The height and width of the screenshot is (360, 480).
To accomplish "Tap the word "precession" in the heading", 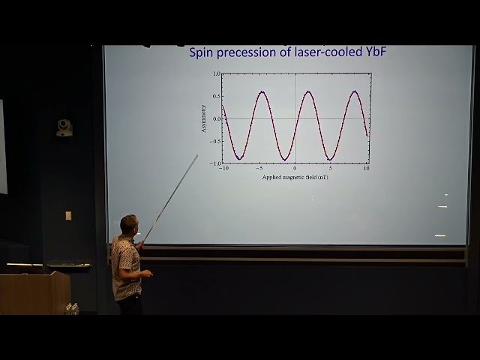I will coord(253,53).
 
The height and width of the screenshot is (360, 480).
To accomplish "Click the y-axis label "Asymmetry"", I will coord(203,118).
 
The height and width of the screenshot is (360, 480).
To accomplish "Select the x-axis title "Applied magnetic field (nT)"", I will coord(295,178).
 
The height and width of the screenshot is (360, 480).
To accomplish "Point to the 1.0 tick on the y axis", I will coord(217,74).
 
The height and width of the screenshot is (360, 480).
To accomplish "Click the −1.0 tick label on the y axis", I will coord(215,163).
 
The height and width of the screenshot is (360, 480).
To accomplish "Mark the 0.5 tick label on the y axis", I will coord(217,96).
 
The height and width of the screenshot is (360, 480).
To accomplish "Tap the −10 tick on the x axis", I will coord(223,169).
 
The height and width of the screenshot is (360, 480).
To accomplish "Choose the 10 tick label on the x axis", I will coord(367,169).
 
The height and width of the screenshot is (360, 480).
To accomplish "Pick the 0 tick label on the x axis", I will coord(295,169).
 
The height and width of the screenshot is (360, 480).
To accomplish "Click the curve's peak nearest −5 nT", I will coord(262,91).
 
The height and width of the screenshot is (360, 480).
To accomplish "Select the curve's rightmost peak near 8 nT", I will coord(355,91).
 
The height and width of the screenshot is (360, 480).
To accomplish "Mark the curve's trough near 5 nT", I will coord(329,159).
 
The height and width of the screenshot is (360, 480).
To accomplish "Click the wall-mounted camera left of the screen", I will coord(64,127).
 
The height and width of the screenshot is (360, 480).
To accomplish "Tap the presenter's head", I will coord(129,223).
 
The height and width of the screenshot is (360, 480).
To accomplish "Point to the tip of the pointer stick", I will coord(197,155).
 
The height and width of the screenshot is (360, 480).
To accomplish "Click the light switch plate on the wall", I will coord(68,215).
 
